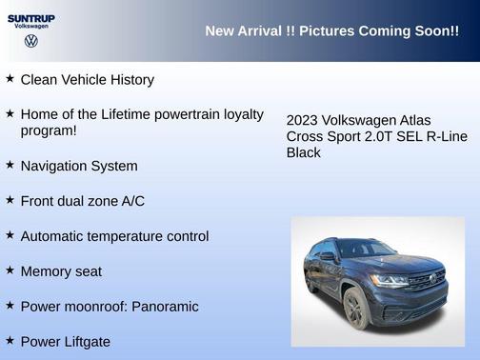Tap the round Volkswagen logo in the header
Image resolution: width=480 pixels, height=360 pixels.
tap(30, 41)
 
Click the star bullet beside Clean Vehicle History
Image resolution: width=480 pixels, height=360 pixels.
tap(10, 79)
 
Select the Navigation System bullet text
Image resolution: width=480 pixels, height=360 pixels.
tap(78, 166)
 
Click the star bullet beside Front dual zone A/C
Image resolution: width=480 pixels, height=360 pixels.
tap(10, 200)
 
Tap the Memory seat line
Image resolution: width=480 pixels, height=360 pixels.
tap(61, 271)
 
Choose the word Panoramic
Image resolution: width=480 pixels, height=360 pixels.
tap(165, 307)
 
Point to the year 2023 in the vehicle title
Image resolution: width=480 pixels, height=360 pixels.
tap(303, 121)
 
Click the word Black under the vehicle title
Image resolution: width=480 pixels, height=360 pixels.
tap(304, 152)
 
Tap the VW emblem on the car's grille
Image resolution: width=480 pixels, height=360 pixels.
tap(433, 279)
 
